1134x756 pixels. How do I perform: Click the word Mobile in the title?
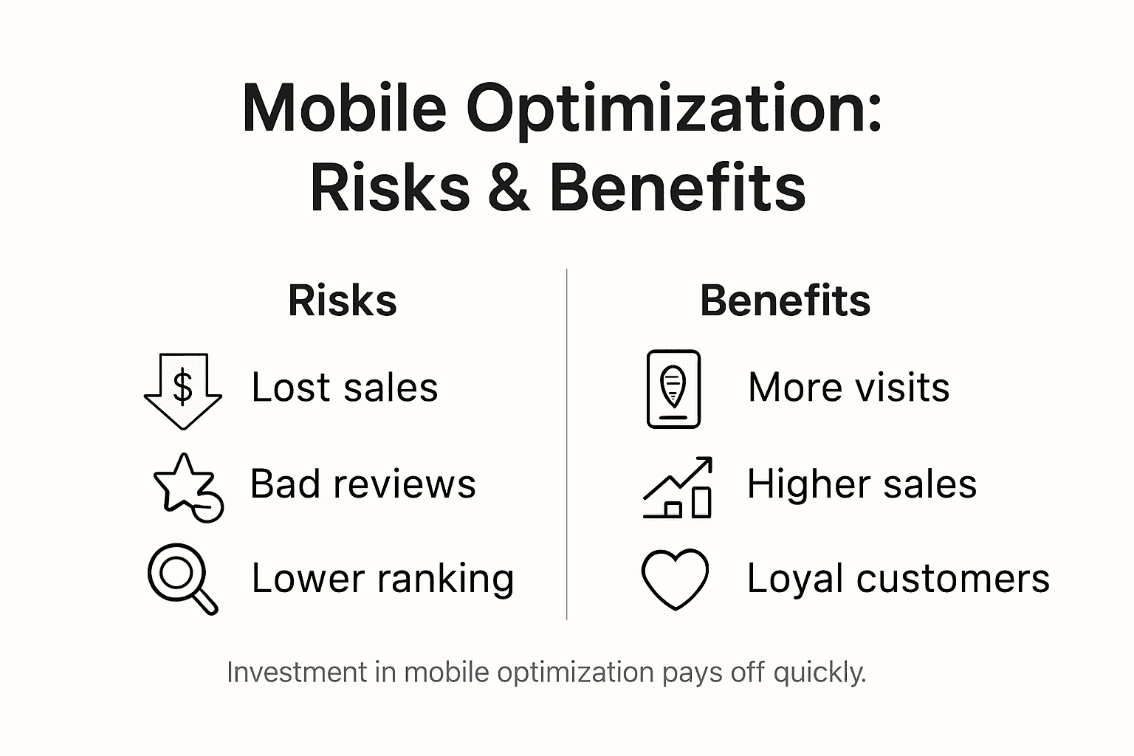(x=344, y=109)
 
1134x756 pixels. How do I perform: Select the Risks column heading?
(x=343, y=301)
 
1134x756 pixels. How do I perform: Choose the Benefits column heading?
(x=785, y=301)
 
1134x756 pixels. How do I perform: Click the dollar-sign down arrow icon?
(x=182, y=390)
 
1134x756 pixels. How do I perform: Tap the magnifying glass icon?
(x=182, y=578)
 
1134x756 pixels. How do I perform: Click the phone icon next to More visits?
(x=673, y=389)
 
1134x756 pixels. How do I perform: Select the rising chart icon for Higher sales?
(x=678, y=487)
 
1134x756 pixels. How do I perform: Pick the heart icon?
(x=675, y=579)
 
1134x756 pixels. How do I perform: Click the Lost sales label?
(x=344, y=388)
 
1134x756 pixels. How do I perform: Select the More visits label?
(x=848, y=388)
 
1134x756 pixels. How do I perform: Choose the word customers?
(x=952, y=578)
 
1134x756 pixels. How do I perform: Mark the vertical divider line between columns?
(x=567, y=443)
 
